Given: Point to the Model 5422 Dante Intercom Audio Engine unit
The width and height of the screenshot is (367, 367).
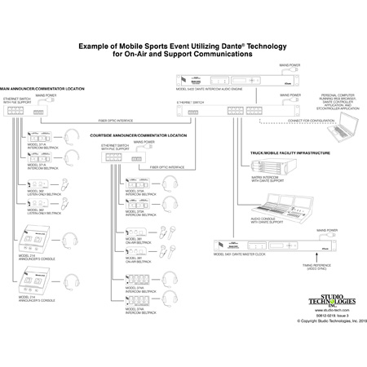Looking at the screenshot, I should [264, 79].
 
